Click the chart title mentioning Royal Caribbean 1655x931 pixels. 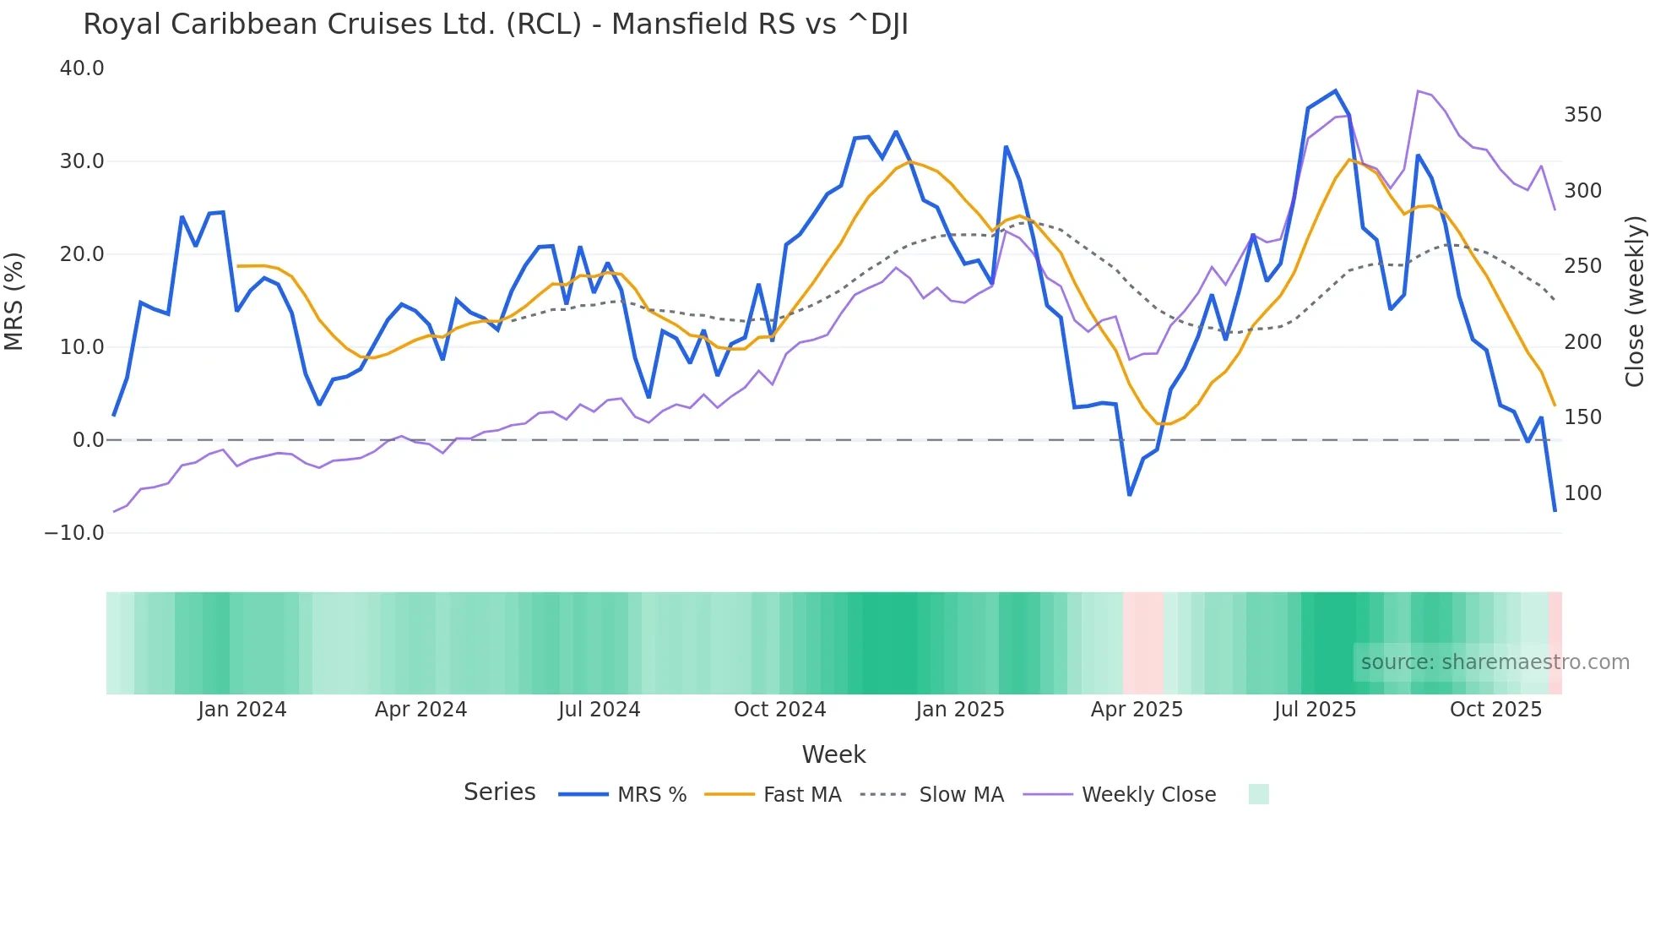[496, 24]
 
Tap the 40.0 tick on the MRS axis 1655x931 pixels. [82, 68]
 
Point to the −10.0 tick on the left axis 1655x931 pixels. [74, 533]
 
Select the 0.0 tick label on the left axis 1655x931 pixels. [89, 440]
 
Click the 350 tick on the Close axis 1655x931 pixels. [1582, 115]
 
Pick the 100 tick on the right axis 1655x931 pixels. [1582, 493]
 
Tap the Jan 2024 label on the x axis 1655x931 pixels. [242, 710]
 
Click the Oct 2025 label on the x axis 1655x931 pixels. [1495, 710]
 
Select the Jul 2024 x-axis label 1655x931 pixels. [599, 710]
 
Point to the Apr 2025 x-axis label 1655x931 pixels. [1137, 710]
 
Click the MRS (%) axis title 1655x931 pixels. [14, 301]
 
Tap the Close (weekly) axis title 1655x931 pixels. [1636, 302]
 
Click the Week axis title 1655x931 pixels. [833, 754]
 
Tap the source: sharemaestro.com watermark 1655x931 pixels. [1495, 662]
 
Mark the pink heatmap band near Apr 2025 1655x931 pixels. [1143, 643]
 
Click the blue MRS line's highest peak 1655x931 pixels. [1335, 90]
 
